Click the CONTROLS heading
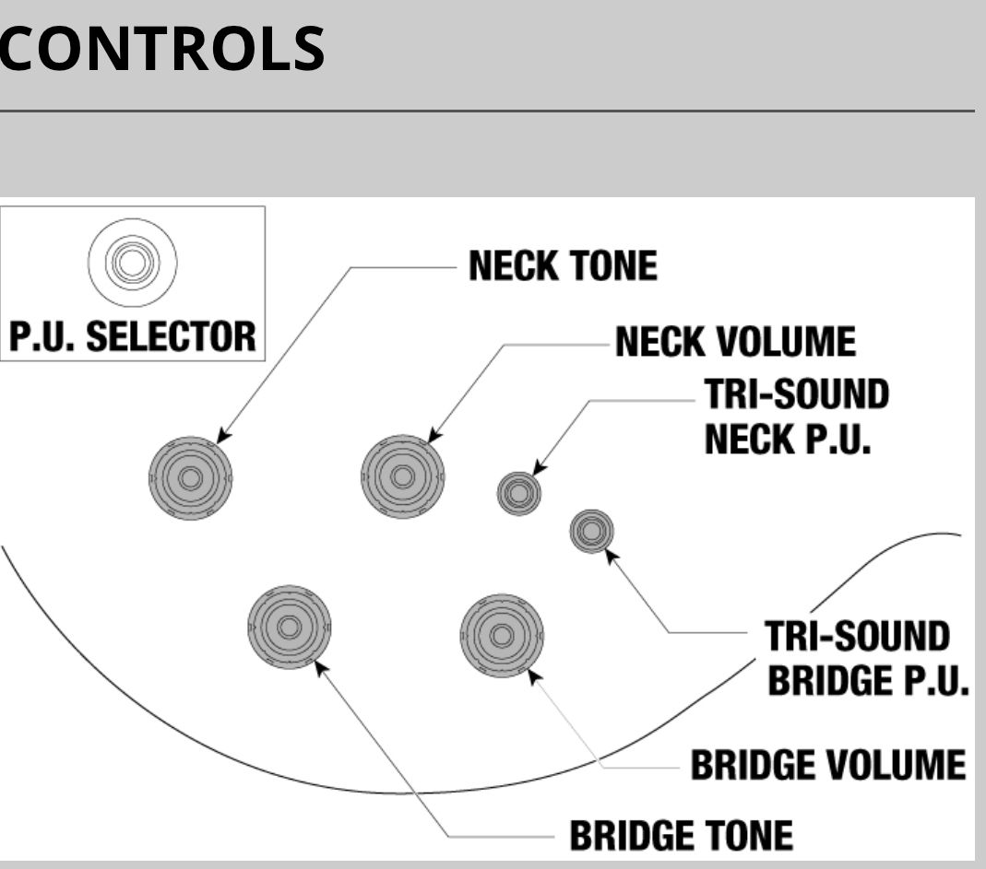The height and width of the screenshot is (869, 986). coord(161,48)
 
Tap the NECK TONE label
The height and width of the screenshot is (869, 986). coord(563,266)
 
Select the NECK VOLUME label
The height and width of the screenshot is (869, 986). coord(735,343)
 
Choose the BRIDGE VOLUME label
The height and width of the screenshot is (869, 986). coord(827,764)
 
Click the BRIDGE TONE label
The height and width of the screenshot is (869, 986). coord(681,835)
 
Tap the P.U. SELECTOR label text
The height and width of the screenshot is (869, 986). coord(133,336)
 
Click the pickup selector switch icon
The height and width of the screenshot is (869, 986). coord(132,263)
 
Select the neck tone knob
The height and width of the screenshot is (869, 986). coord(190,477)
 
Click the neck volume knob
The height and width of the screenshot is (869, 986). coord(402,476)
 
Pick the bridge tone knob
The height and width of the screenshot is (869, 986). coord(289,627)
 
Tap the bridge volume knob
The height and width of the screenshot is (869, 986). coord(502,635)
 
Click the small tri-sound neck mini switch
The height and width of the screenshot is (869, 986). coord(518,493)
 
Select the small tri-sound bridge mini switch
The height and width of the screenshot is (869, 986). coord(591,531)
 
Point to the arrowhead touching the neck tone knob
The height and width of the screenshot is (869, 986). coord(222,437)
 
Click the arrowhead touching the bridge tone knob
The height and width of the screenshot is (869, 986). coord(320,665)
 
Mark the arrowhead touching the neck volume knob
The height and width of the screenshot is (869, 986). coord(434,437)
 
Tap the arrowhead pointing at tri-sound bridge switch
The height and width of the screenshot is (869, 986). coord(610,554)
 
